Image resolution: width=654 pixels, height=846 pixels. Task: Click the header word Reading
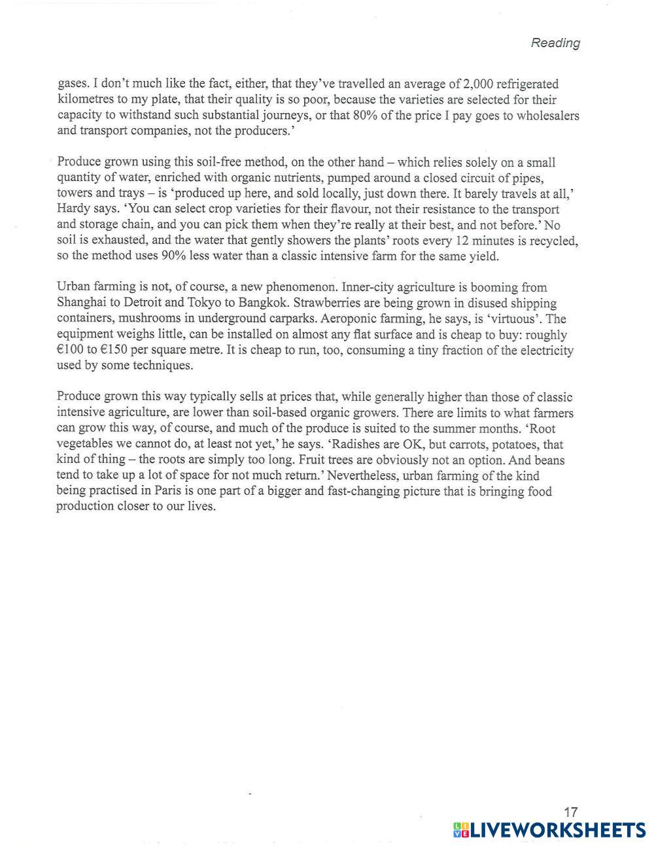click(555, 43)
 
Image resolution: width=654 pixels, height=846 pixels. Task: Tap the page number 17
click(570, 812)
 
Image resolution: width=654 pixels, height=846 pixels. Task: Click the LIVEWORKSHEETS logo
click(549, 830)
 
